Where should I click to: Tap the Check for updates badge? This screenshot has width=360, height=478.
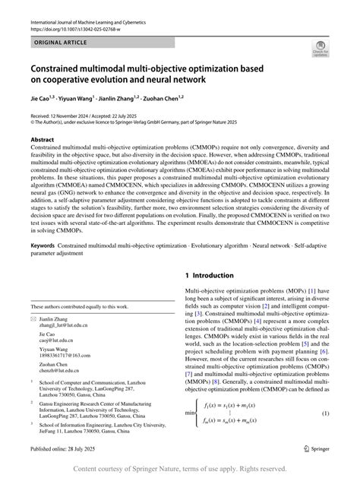[321, 49]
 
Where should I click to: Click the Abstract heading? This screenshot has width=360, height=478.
[42, 141]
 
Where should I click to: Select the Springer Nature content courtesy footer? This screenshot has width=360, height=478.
[180, 469]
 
